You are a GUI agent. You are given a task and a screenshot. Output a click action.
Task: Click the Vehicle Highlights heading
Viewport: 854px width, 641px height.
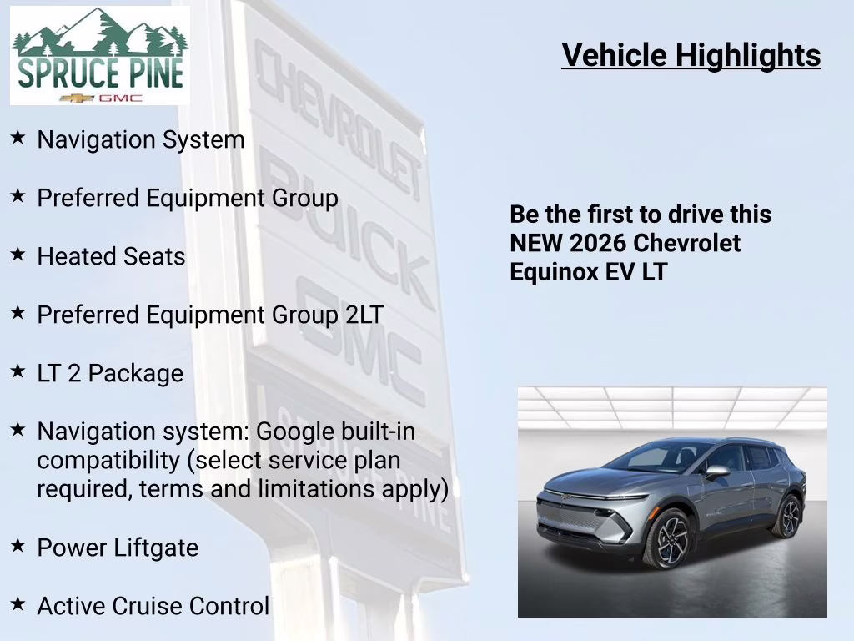(691, 56)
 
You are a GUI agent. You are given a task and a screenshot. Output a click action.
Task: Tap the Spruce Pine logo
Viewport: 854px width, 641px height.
(99, 56)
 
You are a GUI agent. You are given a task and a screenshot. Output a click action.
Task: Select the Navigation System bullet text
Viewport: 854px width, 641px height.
(140, 139)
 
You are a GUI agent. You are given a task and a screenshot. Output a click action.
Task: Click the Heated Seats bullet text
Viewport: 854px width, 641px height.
(111, 256)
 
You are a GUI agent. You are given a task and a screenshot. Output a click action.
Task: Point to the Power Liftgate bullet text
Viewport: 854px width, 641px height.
(118, 548)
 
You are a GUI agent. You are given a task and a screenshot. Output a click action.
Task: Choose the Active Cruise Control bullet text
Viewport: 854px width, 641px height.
(153, 606)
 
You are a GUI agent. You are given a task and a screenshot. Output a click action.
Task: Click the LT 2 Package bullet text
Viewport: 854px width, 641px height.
(110, 373)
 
